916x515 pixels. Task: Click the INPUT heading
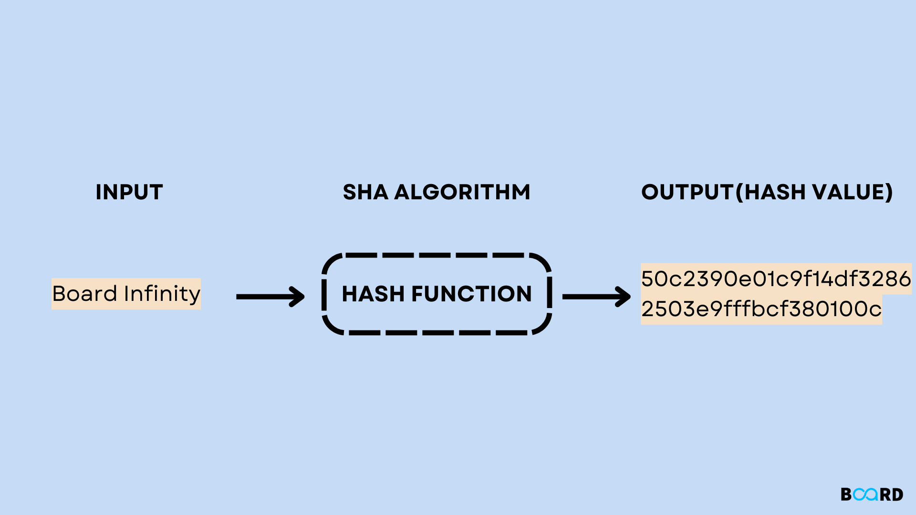(129, 192)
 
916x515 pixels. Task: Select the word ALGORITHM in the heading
(462, 192)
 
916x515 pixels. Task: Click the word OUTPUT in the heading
(687, 192)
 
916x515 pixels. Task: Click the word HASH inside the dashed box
(373, 294)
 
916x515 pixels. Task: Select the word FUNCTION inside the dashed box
(471, 294)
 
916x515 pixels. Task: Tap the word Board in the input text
(84, 293)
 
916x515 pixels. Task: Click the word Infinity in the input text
(162, 294)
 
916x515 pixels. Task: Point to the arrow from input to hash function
(270, 297)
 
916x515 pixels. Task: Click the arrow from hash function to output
(596, 297)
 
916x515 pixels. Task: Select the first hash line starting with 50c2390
(776, 279)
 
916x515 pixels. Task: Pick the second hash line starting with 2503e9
(761, 309)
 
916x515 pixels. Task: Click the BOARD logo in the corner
(872, 494)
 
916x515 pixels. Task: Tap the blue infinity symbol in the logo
(865, 494)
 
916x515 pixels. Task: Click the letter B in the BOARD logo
(846, 494)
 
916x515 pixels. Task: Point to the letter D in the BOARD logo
(897, 494)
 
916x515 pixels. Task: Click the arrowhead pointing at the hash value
(624, 297)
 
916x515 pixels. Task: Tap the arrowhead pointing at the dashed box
(299, 297)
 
